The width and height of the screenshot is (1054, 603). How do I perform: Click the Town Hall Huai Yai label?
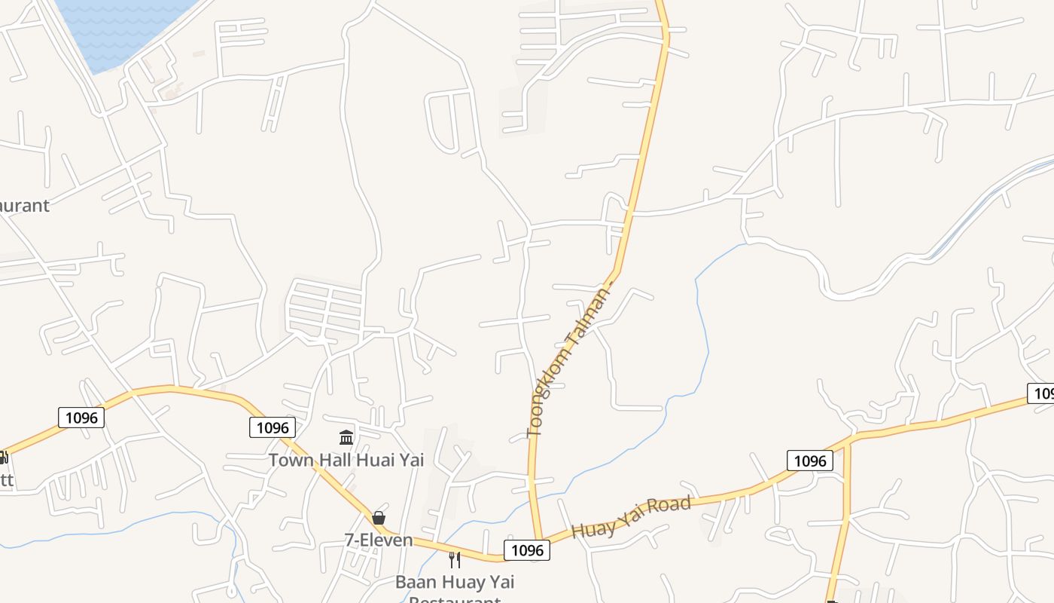(346, 460)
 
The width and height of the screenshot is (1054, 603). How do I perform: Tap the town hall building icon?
(346, 437)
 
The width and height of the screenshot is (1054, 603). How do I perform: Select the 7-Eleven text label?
(379, 540)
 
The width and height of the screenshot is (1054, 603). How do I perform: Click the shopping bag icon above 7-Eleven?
(378, 518)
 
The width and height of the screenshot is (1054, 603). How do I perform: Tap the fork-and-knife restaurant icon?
(454, 559)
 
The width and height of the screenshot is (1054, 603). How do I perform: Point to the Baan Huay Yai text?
(454, 582)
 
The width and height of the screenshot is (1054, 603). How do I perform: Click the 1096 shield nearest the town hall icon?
(273, 427)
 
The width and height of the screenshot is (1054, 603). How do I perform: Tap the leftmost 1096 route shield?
(81, 417)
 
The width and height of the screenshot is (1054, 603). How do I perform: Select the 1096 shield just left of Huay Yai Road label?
(527, 550)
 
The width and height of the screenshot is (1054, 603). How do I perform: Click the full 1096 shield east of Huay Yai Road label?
(810, 461)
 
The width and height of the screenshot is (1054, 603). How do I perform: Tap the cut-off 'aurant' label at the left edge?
(24, 205)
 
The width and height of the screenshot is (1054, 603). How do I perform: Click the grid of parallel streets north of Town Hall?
(325, 309)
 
